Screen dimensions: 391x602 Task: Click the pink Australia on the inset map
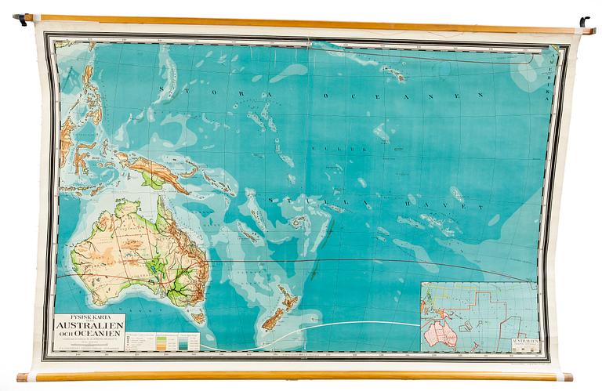(x=441, y=335)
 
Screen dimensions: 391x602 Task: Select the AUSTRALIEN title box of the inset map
(x=524, y=342)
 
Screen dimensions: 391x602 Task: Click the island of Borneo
(x=66, y=132)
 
